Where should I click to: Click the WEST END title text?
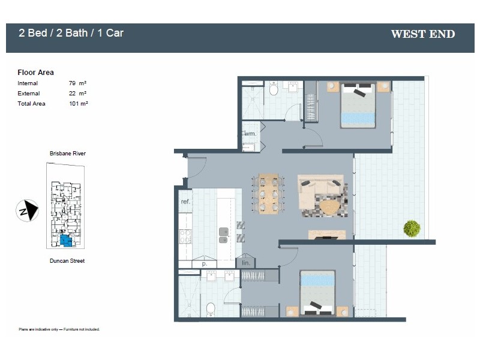pyautogui.click(x=422, y=34)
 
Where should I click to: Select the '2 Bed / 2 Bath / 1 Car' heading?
pyautogui.click(x=71, y=33)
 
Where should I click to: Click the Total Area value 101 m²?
pyautogui.click(x=79, y=104)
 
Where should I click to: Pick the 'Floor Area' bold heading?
pyautogui.click(x=36, y=73)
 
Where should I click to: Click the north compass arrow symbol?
pyautogui.click(x=27, y=211)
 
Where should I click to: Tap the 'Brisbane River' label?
pyautogui.click(x=67, y=154)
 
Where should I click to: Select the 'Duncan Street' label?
pyautogui.click(x=67, y=261)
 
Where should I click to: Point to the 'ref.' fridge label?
pyautogui.click(x=185, y=202)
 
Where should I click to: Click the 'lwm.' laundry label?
pyautogui.click(x=249, y=133)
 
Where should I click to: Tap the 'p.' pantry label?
pyautogui.click(x=204, y=263)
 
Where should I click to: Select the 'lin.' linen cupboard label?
pyautogui.click(x=245, y=263)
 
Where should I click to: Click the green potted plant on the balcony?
pyautogui.click(x=412, y=228)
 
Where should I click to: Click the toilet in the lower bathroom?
pyautogui.click(x=211, y=310)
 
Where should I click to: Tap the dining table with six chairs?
pyautogui.click(x=268, y=194)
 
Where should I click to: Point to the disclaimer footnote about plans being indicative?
pyautogui.click(x=59, y=329)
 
